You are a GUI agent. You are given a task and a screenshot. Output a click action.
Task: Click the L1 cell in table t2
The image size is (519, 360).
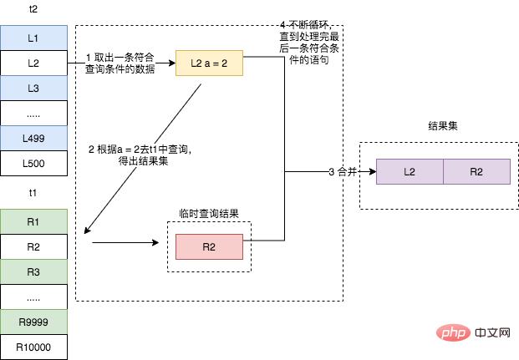click(x=33, y=38)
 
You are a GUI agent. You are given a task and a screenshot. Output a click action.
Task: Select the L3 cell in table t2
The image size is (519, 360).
click(x=33, y=88)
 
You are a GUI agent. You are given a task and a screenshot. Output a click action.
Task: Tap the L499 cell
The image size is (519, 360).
click(x=33, y=139)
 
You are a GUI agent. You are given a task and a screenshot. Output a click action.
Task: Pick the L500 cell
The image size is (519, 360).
click(x=33, y=164)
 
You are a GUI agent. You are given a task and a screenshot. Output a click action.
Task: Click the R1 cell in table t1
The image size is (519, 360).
click(x=33, y=222)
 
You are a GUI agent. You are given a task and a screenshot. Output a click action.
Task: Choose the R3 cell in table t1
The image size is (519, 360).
click(x=33, y=271)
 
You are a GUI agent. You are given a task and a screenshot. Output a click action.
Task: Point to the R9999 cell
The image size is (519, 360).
click(x=33, y=322)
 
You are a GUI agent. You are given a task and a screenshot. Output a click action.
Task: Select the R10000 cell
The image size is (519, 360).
click(x=33, y=346)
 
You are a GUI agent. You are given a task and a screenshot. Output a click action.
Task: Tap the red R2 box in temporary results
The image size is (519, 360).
click(x=209, y=246)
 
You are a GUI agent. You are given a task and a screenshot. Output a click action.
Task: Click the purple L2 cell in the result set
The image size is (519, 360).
click(x=410, y=171)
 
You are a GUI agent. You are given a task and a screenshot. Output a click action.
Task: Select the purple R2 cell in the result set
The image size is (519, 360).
click(x=476, y=171)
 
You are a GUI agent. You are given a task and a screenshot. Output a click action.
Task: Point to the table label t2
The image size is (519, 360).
click(x=33, y=8)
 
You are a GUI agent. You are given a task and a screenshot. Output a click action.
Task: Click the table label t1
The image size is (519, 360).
click(x=33, y=192)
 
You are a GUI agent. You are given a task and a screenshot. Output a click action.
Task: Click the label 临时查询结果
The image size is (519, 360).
click(x=209, y=214)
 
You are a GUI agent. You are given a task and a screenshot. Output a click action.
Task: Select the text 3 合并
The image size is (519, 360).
click(x=343, y=171)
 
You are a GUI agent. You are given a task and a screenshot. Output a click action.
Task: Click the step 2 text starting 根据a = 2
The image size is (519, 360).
click(x=140, y=155)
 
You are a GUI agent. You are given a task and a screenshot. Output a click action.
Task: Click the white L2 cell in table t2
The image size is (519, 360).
click(x=33, y=63)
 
